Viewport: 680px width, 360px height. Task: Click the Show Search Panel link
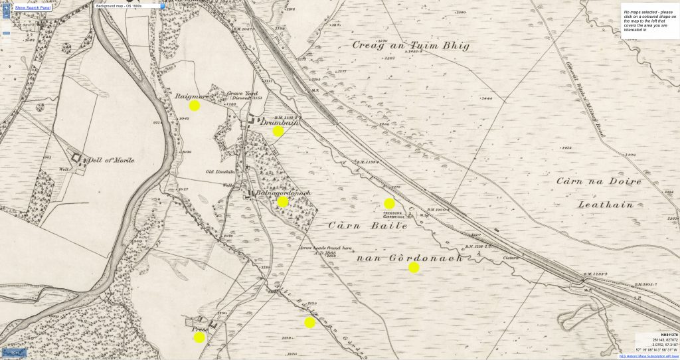click(x=33, y=7)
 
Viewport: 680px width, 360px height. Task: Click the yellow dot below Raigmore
click(x=195, y=106)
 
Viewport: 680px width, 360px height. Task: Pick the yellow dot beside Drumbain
click(x=278, y=132)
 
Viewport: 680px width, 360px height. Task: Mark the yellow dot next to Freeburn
click(x=389, y=203)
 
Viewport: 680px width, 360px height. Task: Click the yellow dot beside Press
click(x=199, y=337)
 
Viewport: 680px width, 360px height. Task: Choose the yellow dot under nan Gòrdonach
click(x=414, y=268)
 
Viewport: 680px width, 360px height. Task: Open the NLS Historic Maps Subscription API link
click(x=648, y=356)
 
